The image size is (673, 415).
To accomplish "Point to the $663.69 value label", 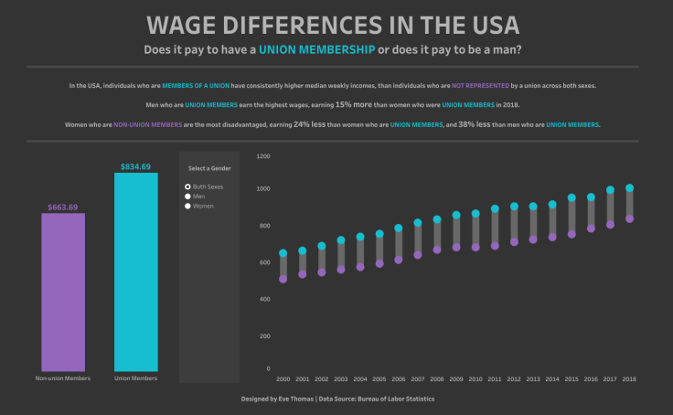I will tap(63, 207).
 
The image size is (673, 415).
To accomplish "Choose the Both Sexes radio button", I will tap(187, 186).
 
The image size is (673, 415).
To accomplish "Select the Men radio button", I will tap(187, 196).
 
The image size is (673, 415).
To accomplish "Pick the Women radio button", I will tap(187, 206).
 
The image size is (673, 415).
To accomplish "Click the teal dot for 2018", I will tap(629, 188).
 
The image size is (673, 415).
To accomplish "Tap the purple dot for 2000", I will tap(283, 279).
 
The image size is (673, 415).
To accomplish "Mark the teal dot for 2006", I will tap(398, 229).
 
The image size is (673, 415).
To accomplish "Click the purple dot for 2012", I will tap(514, 242).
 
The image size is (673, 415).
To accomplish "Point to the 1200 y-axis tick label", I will tap(263, 156).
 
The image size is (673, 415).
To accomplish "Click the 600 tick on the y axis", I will tap(265, 262).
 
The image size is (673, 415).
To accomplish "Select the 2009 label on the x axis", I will tap(456, 378).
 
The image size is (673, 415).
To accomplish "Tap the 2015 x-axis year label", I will tap(572, 378).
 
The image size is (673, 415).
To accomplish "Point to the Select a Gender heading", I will tap(208, 168).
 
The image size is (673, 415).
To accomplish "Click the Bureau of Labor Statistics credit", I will tap(396, 399).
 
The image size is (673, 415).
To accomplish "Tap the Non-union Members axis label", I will tap(63, 378).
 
